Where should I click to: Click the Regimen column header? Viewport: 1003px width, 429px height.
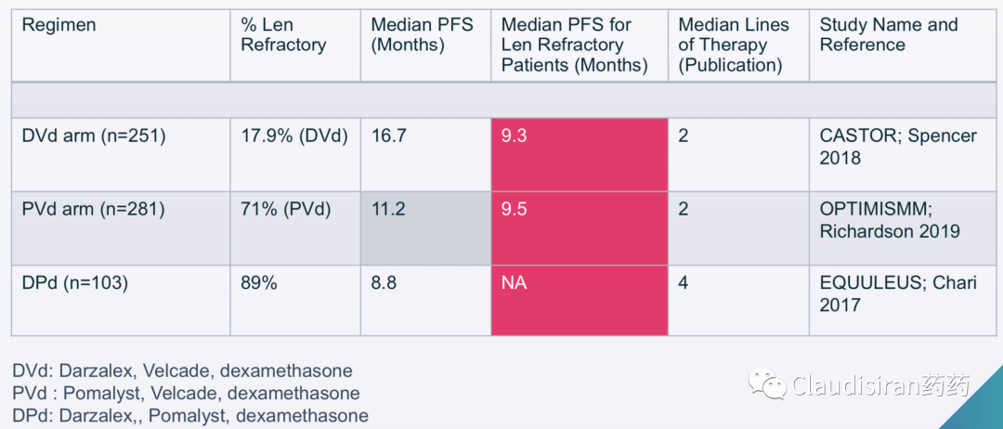(x=59, y=25)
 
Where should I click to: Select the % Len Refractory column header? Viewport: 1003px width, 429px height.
(x=283, y=35)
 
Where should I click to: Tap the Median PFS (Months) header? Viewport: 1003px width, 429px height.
(x=423, y=35)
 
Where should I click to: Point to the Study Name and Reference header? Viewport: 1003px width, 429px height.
(x=889, y=35)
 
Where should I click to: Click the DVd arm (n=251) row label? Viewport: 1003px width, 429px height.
(x=94, y=136)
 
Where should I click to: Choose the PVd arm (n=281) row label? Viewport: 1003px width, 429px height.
(x=94, y=210)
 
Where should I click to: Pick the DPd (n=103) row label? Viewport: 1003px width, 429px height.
(x=75, y=282)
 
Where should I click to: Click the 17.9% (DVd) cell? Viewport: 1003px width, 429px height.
(x=294, y=136)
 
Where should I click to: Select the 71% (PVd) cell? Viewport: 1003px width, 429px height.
(x=285, y=210)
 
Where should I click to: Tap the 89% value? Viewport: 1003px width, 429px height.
(x=259, y=282)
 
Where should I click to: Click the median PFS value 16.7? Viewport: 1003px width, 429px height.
(x=388, y=136)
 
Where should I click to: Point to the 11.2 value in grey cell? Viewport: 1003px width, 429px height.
(x=387, y=210)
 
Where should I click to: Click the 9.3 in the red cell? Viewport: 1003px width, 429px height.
(x=515, y=136)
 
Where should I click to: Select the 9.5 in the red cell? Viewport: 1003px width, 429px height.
(x=515, y=210)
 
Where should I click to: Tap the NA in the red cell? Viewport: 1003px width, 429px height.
(x=515, y=282)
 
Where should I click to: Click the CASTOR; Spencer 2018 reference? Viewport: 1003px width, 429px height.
(x=898, y=147)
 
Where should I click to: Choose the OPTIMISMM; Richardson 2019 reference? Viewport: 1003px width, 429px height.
(x=890, y=219)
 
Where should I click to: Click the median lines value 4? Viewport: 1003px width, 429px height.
(x=684, y=282)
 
